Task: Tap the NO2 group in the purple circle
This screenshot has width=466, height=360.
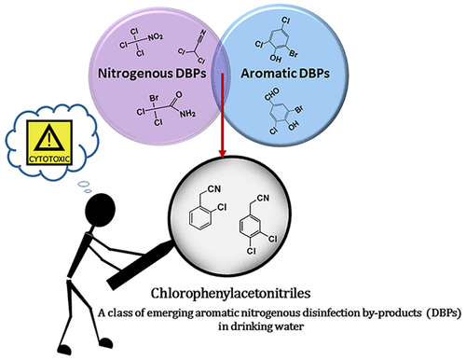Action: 159,40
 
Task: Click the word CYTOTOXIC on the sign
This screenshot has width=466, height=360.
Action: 52,155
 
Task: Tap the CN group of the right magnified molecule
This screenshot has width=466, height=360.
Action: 297,195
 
